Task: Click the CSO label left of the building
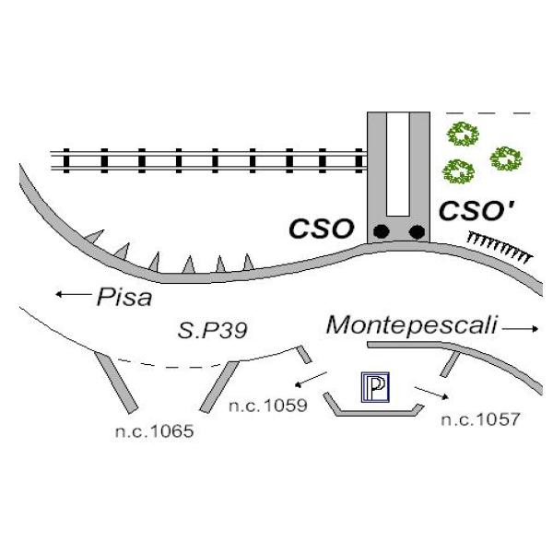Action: [x=323, y=228]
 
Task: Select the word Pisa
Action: [x=124, y=297]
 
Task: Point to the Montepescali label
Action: [x=412, y=324]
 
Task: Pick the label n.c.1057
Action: [x=480, y=419]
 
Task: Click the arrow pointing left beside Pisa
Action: [x=71, y=295]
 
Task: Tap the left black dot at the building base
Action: [x=379, y=230]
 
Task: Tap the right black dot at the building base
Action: [x=417, y=230]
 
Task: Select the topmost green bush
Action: [x=462, y=135]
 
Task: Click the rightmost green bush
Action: [x=506, y=158]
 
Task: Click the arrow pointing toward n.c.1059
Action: [x=309, y=381]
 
